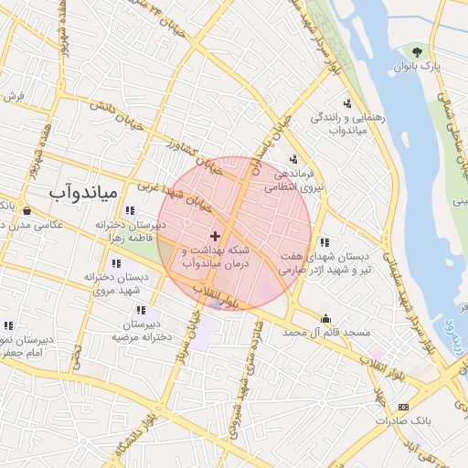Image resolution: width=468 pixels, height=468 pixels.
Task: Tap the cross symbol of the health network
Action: (x=215, y=237)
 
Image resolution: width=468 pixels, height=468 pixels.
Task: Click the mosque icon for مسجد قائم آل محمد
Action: (x=325, y=318)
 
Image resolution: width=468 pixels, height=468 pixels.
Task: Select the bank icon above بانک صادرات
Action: (x=403, y=406)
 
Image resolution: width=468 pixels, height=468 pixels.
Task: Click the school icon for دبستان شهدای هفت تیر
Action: (x=325, y=242)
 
